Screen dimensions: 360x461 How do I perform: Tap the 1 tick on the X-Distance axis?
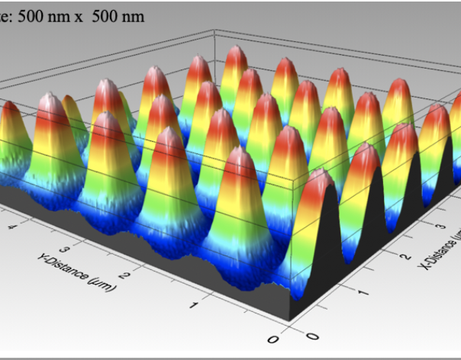pyautogui.click(x=365, y=293)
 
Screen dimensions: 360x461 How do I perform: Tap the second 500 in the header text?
pyautogui.click(x=105, y=17)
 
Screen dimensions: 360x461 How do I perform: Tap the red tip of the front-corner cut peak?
pyautogui.click(x=320, y=178)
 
